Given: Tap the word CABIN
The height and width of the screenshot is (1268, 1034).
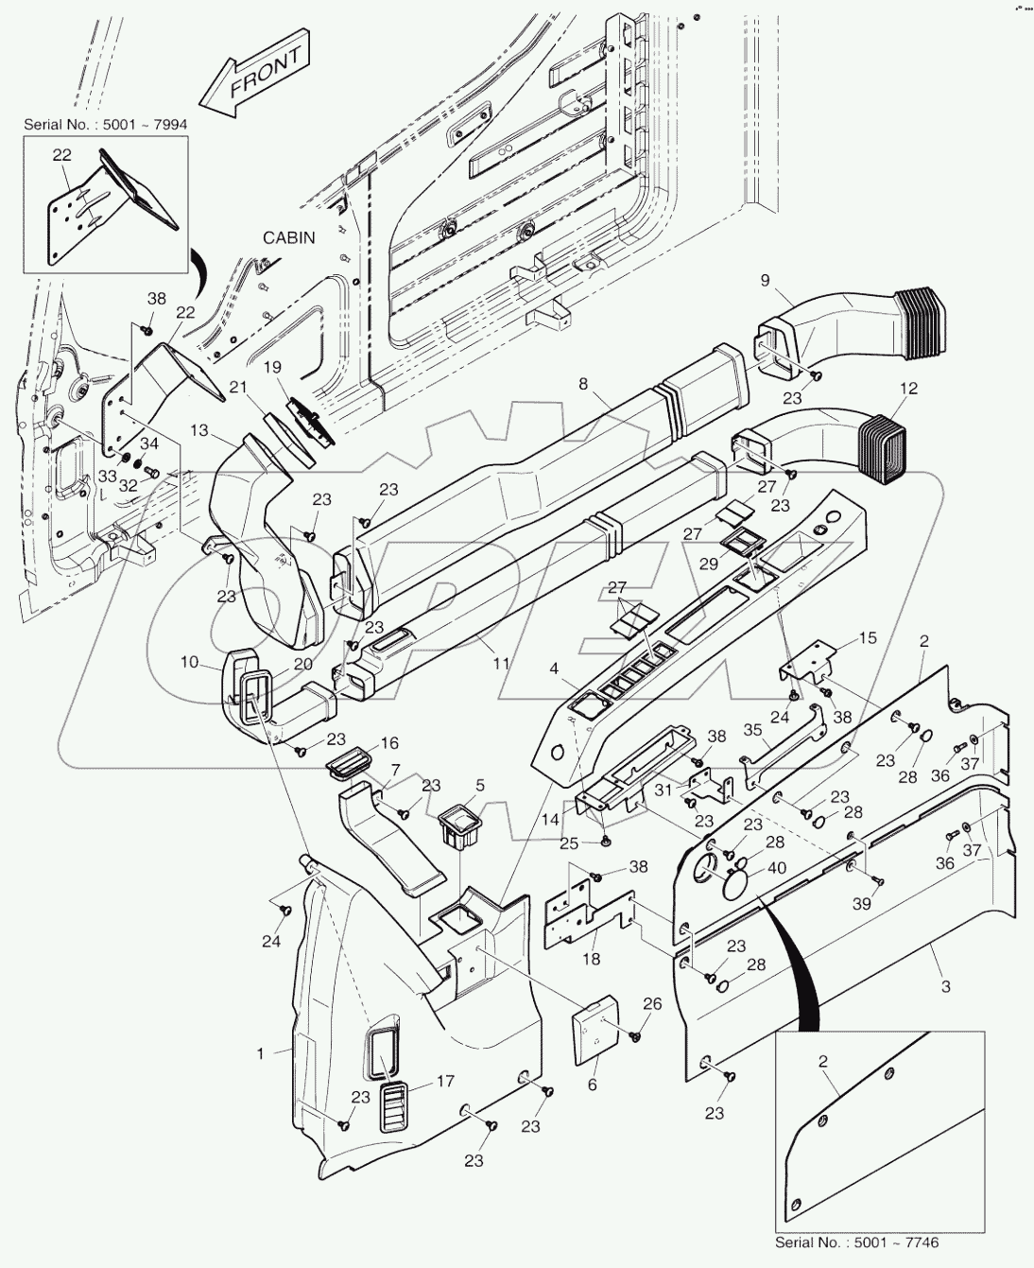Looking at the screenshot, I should click(288, 238).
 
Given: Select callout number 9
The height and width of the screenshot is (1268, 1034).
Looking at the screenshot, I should click(765, 280).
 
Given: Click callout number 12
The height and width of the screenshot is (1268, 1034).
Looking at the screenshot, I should click(908, 389).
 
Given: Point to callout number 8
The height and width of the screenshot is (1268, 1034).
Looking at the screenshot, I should click(583, 384).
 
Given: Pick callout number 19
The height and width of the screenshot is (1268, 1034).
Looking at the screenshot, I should click(272, 367).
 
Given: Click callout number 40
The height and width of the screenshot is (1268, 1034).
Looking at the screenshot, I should click(776, 869).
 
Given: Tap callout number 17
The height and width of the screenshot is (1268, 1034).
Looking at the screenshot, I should click(445, 1082).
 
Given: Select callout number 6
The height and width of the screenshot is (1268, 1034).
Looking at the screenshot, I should click(593, 1085).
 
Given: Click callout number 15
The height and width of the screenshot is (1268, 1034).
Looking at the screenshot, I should click(869, 638).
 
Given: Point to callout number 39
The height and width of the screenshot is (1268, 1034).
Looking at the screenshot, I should click(861, 904).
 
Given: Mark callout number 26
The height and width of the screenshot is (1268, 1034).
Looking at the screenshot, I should click(652, 1004).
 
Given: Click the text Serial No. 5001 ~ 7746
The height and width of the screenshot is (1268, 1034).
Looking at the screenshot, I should click(856, 1242).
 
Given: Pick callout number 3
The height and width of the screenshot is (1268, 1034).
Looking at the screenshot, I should click(944, 986).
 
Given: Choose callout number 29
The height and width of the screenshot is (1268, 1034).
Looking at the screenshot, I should click(708, 564).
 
